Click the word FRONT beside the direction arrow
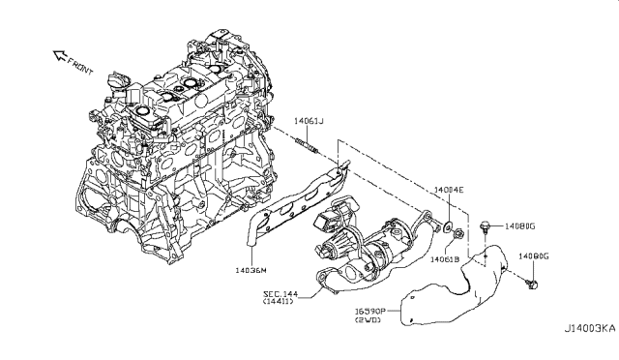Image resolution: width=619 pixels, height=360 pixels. pos(80,68)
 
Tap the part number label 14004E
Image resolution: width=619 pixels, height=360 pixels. pos(448,192)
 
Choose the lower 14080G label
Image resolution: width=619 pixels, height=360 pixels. pos(533,256)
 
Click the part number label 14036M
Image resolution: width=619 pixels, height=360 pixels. pos(250,271)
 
